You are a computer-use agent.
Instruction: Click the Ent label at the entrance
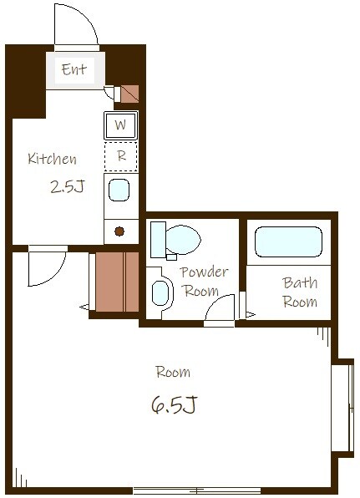click(x=74, y=69)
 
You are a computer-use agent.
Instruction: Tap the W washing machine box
click(x=121, y=125)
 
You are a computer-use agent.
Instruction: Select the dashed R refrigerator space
click(x=121, y=156)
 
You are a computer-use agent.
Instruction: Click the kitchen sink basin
click(x=119, y=191)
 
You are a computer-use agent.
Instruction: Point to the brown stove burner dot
click(x=119, y=231)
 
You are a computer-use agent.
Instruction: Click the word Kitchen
click(x=52, y=159)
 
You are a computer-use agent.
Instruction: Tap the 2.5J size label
click(x=68, y=186)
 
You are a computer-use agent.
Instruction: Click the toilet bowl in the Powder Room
click(x=183, y=240)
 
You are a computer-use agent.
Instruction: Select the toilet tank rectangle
click(x=158, y=240)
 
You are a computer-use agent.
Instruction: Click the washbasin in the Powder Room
click(x=161, y=292)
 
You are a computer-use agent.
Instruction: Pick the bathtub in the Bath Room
click(x=288, y=242)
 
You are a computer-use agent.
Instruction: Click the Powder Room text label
click(x=204, y=282)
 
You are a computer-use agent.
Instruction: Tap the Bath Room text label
click(x=300, y=292)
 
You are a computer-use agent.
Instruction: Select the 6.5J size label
click(x=175, y=404)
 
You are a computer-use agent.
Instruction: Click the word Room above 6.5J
click(x=173, y=372)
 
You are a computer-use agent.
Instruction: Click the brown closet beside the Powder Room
click(x=117, y=282)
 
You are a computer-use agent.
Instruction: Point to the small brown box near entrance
click(x=129, y=94)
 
